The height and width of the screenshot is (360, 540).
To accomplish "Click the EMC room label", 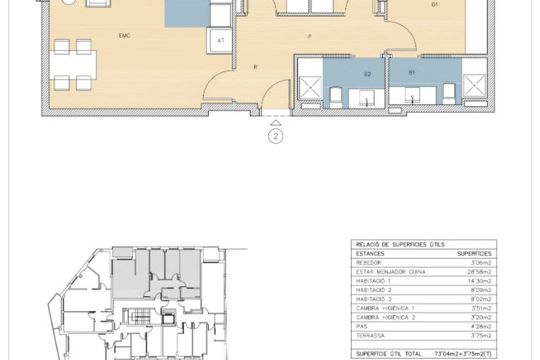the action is click(124, 36).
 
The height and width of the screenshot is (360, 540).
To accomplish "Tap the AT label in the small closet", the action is click(221, 41).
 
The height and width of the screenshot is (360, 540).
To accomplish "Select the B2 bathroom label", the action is click(367, 74).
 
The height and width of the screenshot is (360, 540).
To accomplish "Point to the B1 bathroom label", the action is click(412, 72).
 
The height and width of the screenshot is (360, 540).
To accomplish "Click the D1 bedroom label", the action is click(435, 5).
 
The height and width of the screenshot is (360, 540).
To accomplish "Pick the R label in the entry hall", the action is click(256, 67).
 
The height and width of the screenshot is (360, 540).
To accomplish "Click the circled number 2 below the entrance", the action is click(275, 136).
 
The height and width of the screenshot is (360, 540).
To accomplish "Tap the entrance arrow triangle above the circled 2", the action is click(275, 123).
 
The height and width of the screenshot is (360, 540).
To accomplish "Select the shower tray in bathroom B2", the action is click(310, 87).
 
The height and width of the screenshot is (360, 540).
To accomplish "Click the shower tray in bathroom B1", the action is click(475, 85).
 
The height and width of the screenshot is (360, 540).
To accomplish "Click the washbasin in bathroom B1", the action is click(412, 95).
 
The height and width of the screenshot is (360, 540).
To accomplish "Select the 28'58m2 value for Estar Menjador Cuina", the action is click(479, 272).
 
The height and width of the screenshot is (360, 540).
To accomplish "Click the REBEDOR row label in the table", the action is click(368, 263).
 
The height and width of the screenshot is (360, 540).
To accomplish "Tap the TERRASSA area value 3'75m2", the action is click(481, 336).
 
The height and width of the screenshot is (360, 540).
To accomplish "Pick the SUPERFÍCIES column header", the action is click(474, 254).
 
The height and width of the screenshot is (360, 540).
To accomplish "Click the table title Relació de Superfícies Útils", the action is click(400, 244).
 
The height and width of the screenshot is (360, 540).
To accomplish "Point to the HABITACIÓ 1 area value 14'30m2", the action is click(479, 281).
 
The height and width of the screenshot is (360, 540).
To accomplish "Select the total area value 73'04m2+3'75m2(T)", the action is click(463, 354).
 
